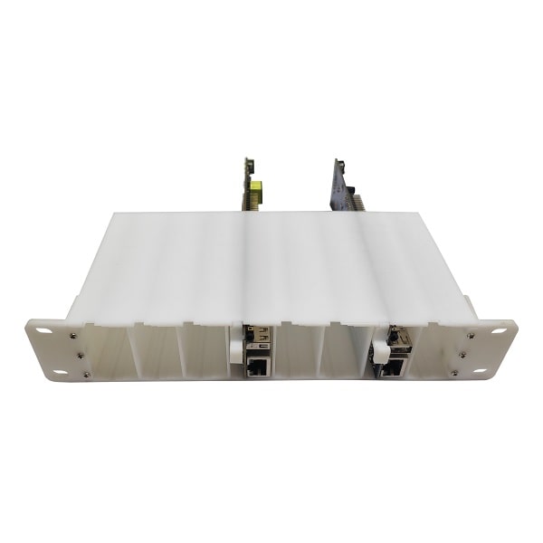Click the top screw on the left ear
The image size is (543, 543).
click(72, 335)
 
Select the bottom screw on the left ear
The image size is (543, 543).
click(84, 374)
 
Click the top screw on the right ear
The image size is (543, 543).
click(470, 336)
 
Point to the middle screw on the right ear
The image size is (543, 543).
click(464, 355)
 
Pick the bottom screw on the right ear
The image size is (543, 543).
click(459, 373)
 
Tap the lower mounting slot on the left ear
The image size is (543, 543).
click(60, 371)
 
